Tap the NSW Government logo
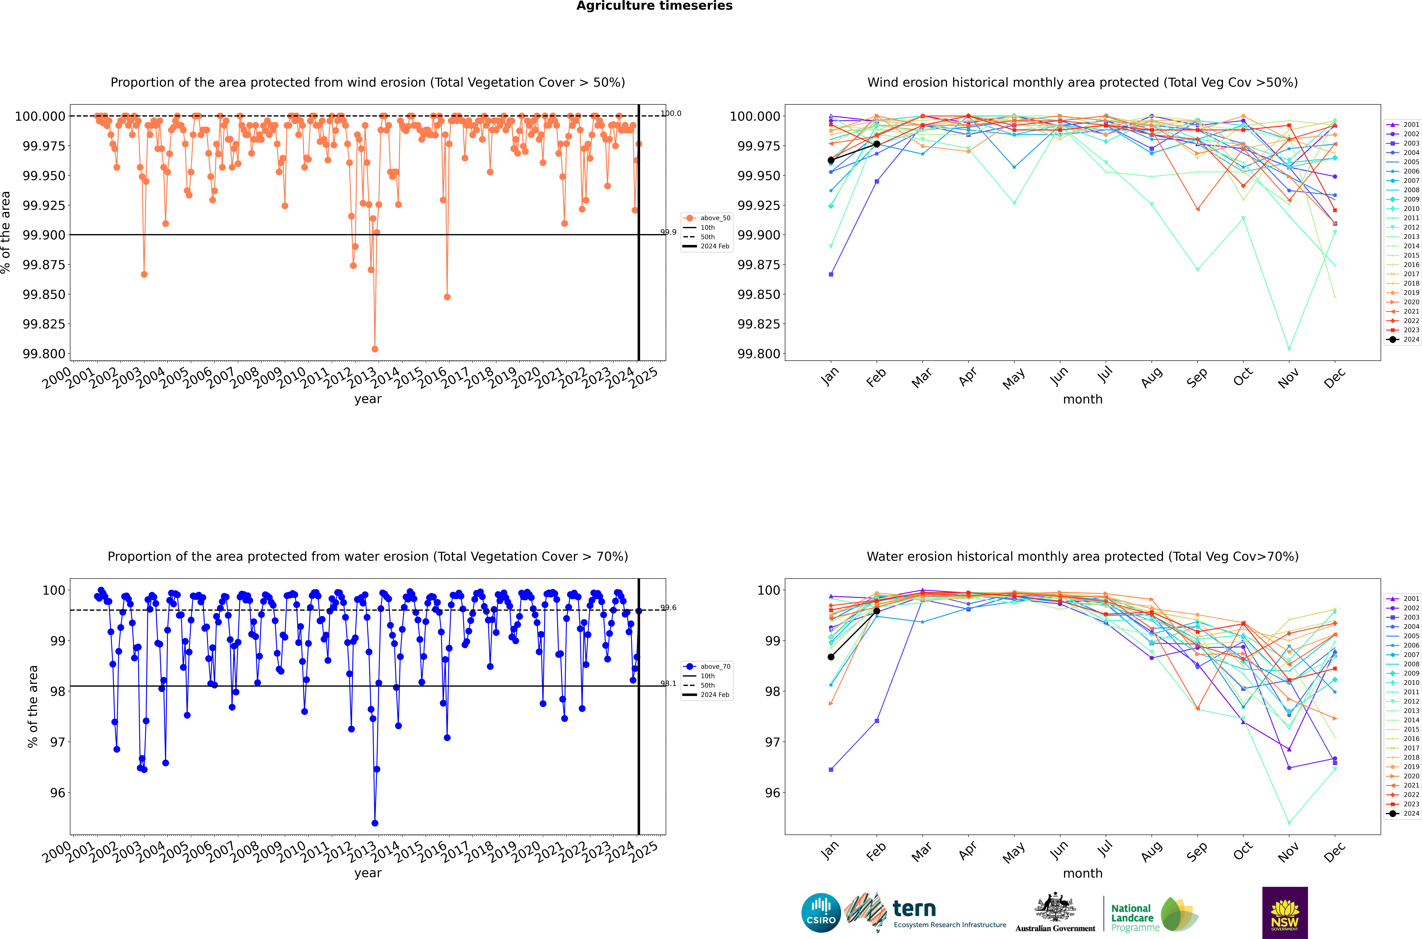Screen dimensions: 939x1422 1284,913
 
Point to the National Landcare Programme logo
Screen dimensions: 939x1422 1153,914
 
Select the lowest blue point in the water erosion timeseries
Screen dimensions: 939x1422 375,823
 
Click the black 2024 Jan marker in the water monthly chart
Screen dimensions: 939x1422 831,657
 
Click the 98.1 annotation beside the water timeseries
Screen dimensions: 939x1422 668,683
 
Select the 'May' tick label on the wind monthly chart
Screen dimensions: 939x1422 1013,379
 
